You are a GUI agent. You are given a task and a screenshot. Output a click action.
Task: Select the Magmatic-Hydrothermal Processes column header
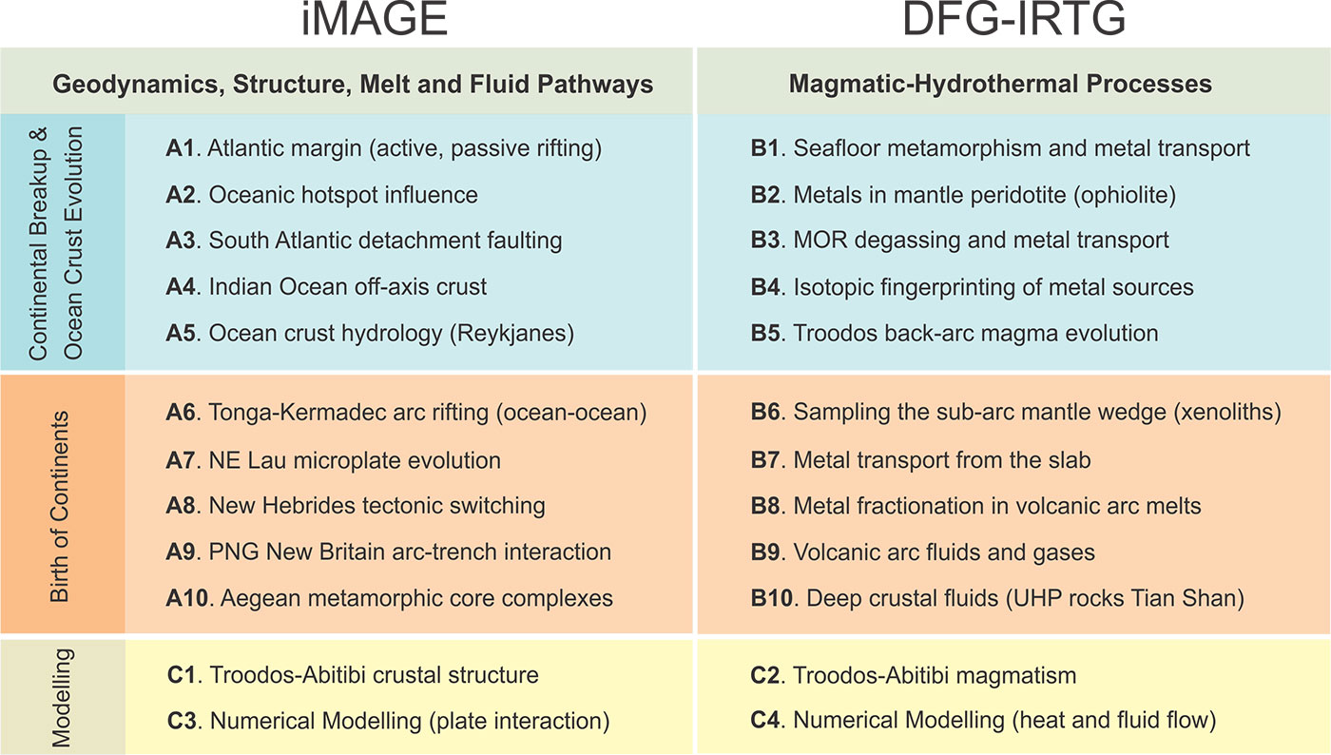1000,84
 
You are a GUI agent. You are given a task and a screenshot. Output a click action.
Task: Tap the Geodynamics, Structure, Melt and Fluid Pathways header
353,84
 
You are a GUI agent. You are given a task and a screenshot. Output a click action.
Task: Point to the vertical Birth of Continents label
61,507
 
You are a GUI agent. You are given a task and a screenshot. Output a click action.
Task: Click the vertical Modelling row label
61,697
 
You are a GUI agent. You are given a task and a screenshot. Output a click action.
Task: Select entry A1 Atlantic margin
384,148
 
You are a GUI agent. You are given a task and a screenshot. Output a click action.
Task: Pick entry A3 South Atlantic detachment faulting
364,242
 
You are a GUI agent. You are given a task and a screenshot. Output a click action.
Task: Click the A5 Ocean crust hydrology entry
371,334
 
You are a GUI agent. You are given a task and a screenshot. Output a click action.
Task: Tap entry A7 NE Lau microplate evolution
333,461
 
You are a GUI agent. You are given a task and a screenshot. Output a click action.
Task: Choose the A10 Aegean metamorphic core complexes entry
389,599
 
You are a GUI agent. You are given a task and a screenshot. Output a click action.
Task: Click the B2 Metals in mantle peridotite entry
963,195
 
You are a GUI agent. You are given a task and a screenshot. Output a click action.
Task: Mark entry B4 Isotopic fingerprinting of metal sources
972,287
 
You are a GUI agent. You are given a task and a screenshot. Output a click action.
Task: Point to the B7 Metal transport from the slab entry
920,461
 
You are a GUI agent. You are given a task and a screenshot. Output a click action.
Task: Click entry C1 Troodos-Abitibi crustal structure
352,675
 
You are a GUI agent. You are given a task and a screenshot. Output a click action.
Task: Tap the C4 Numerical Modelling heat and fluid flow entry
983,722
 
